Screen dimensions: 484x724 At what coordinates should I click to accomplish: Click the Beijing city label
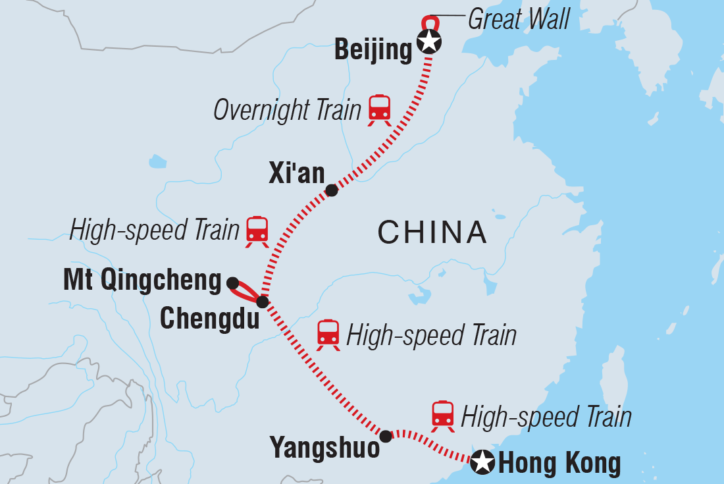point(373,49)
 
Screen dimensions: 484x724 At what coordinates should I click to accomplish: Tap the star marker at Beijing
point(429,43)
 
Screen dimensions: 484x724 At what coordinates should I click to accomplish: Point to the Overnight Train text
point(287,110)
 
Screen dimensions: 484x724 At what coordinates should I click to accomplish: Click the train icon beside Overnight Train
point(379,109)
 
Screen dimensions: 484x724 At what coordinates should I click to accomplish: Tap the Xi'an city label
point(297,173)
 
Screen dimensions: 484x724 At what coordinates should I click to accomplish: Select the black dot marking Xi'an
point(332,190)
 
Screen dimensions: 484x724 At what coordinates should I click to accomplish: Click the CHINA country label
point(432,232)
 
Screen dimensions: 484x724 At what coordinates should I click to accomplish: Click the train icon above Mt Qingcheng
point(257,231)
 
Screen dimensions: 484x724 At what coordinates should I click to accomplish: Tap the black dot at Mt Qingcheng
point(232,283)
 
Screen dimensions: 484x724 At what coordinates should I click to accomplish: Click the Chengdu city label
point(205,319)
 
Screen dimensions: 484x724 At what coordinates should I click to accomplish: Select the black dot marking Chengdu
point(262,302)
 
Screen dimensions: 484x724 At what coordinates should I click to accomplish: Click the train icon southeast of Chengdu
point(328,335)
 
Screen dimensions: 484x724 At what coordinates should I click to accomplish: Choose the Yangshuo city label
point(325,448)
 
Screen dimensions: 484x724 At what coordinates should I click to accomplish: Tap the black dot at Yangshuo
point(386,435)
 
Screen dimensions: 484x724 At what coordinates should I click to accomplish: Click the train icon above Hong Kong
point(443,416)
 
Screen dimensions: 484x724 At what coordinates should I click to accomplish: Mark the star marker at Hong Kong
point(484,462)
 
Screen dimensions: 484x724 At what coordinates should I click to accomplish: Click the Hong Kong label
point(559,464)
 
